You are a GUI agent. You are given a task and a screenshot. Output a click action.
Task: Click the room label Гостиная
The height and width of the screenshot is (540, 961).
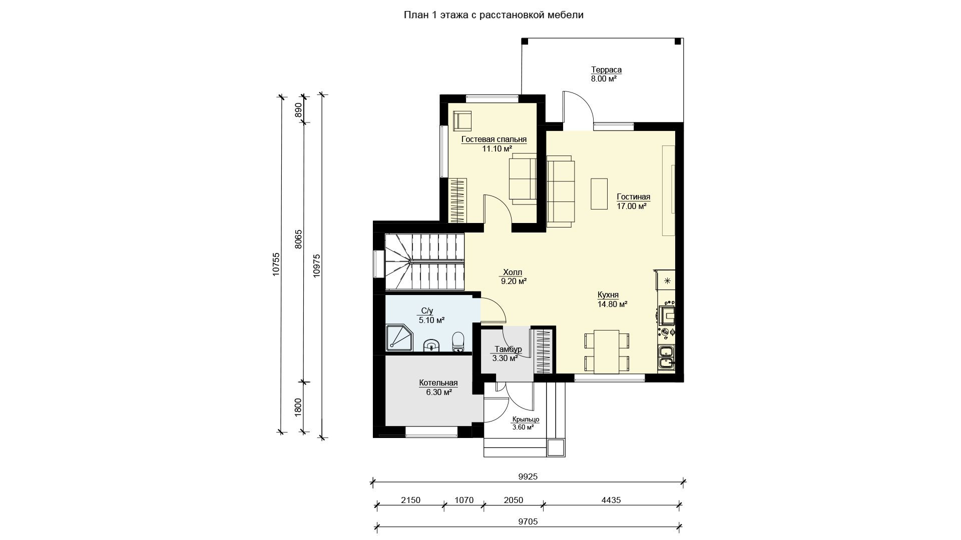coord(633,197)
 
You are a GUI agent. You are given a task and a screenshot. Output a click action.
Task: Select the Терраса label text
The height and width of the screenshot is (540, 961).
coord(606,70)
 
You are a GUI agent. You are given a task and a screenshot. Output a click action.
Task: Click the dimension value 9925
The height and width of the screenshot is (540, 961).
coord(528,477)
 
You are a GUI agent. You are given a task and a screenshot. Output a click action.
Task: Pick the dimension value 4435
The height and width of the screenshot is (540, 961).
coord(612,500)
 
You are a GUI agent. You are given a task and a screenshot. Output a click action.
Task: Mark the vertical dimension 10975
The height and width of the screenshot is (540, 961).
coord(316,265)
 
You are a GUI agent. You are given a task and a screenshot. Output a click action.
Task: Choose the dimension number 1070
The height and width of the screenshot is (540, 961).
coord(464,500)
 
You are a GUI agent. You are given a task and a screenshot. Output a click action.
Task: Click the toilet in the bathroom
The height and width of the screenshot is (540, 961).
coord(458,342)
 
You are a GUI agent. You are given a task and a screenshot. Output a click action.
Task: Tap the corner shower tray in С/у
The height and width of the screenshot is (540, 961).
coord(398,338)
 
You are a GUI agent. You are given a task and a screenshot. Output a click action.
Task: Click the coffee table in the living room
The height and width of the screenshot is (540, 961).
coord(599,193)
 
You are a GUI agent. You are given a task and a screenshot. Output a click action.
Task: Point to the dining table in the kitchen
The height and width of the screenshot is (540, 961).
coord(606,351)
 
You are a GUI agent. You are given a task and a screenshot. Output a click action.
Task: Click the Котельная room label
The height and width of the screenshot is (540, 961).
coord(438,383)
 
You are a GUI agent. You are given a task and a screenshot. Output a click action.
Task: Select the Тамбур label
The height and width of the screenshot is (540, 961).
coord(508,349)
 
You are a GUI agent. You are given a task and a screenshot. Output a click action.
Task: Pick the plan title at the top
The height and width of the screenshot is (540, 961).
coord(494,15)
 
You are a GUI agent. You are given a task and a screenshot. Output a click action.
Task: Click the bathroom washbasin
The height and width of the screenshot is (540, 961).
coord(431,345)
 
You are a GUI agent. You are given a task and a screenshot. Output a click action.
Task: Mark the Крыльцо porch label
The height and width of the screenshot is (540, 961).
coord(525,419)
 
